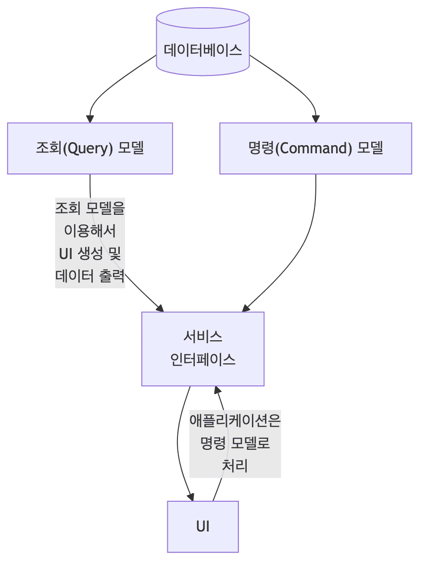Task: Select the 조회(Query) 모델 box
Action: [90, 148]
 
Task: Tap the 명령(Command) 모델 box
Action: [315, 148]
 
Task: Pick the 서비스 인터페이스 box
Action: [202, 348]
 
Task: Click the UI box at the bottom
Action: [202, 526]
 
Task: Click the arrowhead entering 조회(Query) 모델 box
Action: [90, 119]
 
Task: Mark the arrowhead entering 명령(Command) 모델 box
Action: [315, 119]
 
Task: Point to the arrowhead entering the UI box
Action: [191, 497]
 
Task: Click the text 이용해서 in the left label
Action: [90, 231]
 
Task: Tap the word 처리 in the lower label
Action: [235, 465]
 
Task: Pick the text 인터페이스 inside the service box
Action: [202, 359]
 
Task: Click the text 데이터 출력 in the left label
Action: [90, 276]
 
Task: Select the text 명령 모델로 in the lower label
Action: [235, 443]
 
